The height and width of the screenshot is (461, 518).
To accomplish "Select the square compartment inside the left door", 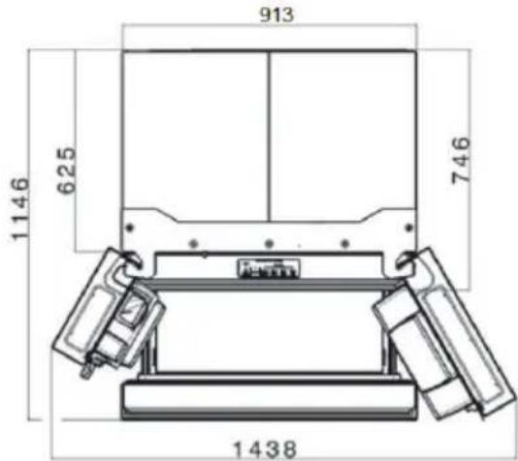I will (130, 315).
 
